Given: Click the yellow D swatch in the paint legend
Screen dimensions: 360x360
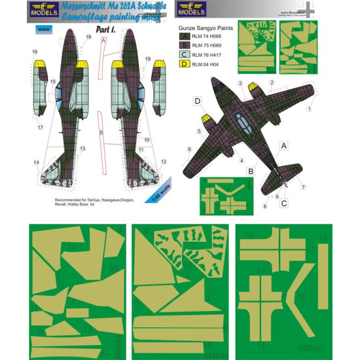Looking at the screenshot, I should point(185,66).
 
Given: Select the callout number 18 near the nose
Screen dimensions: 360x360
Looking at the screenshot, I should point(88,39).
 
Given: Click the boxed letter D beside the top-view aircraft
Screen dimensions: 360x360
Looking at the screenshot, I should point(196,101).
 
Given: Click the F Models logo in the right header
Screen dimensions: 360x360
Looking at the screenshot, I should point(192,9).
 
